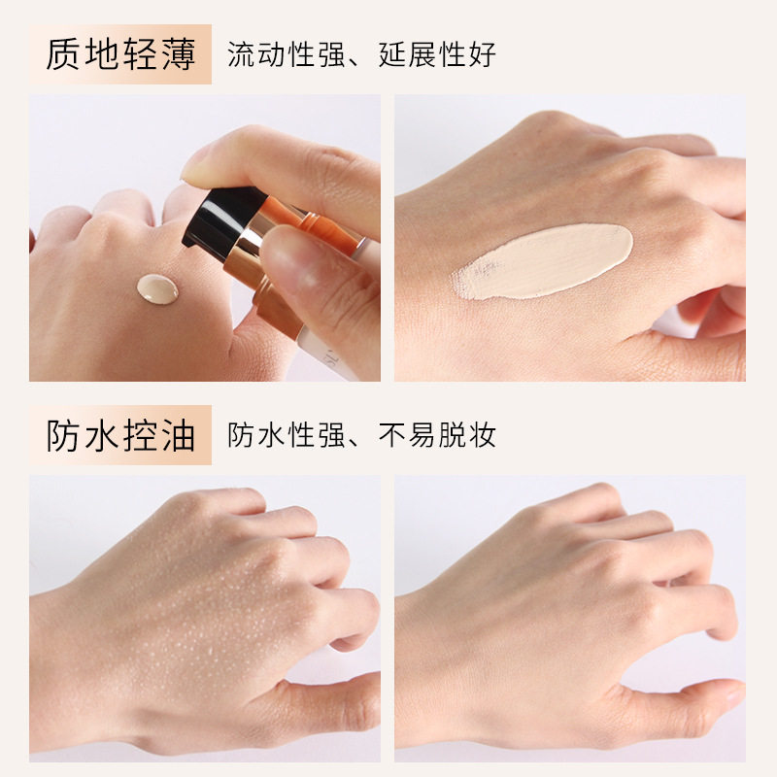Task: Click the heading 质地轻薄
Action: [x=120, y=53]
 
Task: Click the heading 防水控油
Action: [x=120, y=435]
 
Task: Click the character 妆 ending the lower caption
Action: [x=482, y=435]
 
